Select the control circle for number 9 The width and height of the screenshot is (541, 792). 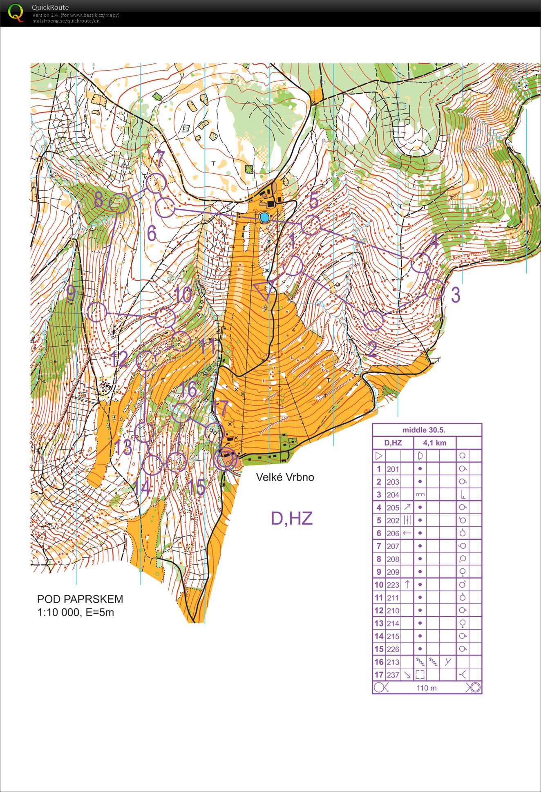point(97,313)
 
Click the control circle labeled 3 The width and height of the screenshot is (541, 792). point(434,289)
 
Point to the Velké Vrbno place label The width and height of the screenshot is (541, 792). point(285,477)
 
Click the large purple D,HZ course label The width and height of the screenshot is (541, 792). point(292,518)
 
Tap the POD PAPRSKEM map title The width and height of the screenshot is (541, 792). point(80,599)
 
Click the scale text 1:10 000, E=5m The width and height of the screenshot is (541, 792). point(76,612)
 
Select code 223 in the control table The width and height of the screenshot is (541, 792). point(393,585)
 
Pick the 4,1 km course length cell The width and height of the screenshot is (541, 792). point(434,443)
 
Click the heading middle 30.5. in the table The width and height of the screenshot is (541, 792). point(424,430)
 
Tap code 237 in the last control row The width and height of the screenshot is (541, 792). point(393,675)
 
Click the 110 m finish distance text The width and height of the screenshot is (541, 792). point(427,688)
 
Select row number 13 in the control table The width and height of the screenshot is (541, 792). point(379,623)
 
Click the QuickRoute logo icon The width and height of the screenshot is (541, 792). point(16,13)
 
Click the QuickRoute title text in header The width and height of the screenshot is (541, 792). point(50,7)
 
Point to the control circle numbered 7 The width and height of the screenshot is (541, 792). point(156,183)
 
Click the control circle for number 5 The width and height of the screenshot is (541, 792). point(311,225)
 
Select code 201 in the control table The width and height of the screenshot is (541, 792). point(393,469)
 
